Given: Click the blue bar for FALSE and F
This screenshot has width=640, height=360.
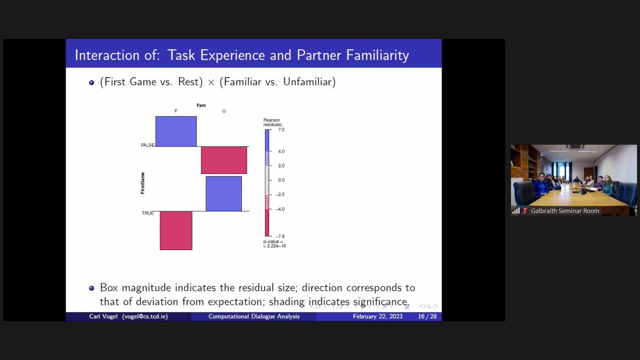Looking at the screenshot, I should [x=176, y=131].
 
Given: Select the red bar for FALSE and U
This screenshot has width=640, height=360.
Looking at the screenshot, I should [x=224, y=160].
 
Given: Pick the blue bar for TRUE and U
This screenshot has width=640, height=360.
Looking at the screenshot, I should [x=224, y=194].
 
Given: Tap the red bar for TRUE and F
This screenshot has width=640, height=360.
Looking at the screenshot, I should [x=176, y=230].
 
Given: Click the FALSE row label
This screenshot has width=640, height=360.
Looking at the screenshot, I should [x=147, y=145].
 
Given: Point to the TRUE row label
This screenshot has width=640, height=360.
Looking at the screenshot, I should [x=148, y=213].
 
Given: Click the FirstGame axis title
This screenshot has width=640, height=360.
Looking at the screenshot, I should [x=142, y=182].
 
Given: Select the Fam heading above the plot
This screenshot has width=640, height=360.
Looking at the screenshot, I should [x=201, y=106].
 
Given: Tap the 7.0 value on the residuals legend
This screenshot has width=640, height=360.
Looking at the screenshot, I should [x=281, y=130].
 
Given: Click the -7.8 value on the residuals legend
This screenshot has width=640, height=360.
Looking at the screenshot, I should [x=281, y=236].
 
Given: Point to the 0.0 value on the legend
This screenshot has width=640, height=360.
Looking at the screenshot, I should [x=281, y=180].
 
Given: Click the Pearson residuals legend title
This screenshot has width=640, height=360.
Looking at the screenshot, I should [x=271, y=122].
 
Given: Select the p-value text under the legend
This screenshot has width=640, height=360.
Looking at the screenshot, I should [x=274, y=244].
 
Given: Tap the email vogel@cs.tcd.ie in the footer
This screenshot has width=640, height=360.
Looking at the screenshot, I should [x=146, y=317].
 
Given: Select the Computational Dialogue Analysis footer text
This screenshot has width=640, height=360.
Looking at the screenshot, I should [x=254, y=317].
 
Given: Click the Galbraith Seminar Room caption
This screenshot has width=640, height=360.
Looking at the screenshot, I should [x=565, y=211].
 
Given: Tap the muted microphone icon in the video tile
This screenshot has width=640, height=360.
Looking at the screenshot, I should [x=525, y=211].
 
